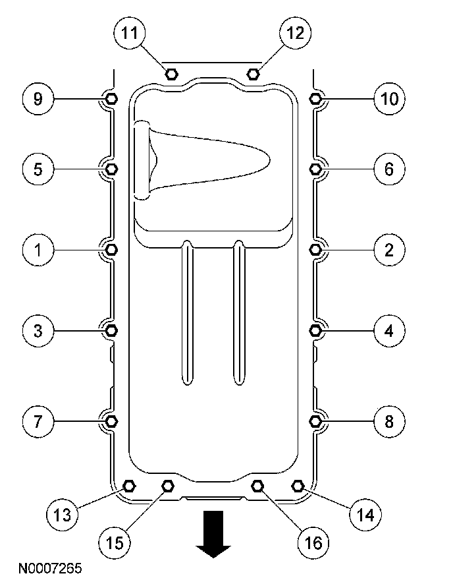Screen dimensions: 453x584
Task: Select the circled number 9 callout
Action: click(38, 99)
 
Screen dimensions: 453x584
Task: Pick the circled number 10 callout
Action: click(388, 99)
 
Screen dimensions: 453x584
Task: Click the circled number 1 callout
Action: click(38, 250)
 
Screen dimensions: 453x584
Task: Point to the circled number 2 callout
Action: click(388, 250)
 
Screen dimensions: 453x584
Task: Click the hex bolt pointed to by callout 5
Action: click(111, 169)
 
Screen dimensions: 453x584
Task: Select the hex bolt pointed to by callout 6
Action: click(315, 169)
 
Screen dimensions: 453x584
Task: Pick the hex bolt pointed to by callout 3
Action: click(111, 330)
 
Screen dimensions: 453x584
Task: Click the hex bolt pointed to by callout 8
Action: click(315, 420)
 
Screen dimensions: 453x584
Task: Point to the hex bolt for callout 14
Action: click(297, 486)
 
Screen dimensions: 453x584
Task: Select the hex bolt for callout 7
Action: click(111, 420)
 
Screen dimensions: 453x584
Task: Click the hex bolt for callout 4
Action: click(315, 330)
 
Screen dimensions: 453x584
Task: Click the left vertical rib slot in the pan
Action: click(188, 312)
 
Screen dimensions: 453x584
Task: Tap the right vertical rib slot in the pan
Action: click(239, 312)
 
